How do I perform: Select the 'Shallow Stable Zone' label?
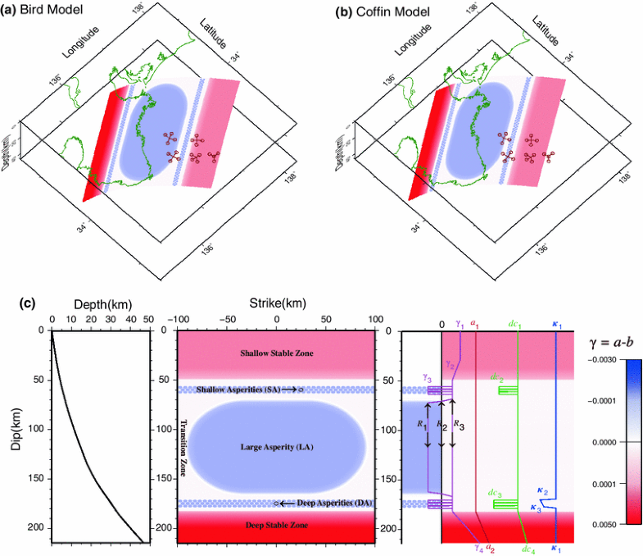point(276,353)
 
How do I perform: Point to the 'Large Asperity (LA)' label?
point(276,447)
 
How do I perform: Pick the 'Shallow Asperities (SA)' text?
point(238,389)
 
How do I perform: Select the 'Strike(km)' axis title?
point(276,303)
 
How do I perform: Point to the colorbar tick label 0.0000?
point(615,442)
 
